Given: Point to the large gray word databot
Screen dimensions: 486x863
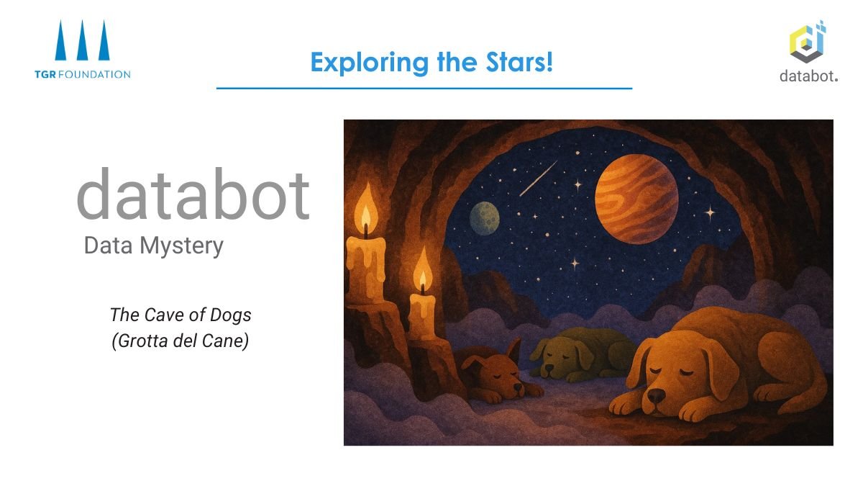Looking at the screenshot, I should pyautogui.click(x=193, y=194).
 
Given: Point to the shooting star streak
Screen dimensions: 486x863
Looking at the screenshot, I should pyautogui.click(x=538, y=178).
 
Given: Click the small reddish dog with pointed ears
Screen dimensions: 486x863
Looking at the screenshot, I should pyautogui.click(x=496, y=374).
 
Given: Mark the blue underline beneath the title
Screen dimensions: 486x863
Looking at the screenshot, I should pyautogui.click(x=424, y=88).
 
